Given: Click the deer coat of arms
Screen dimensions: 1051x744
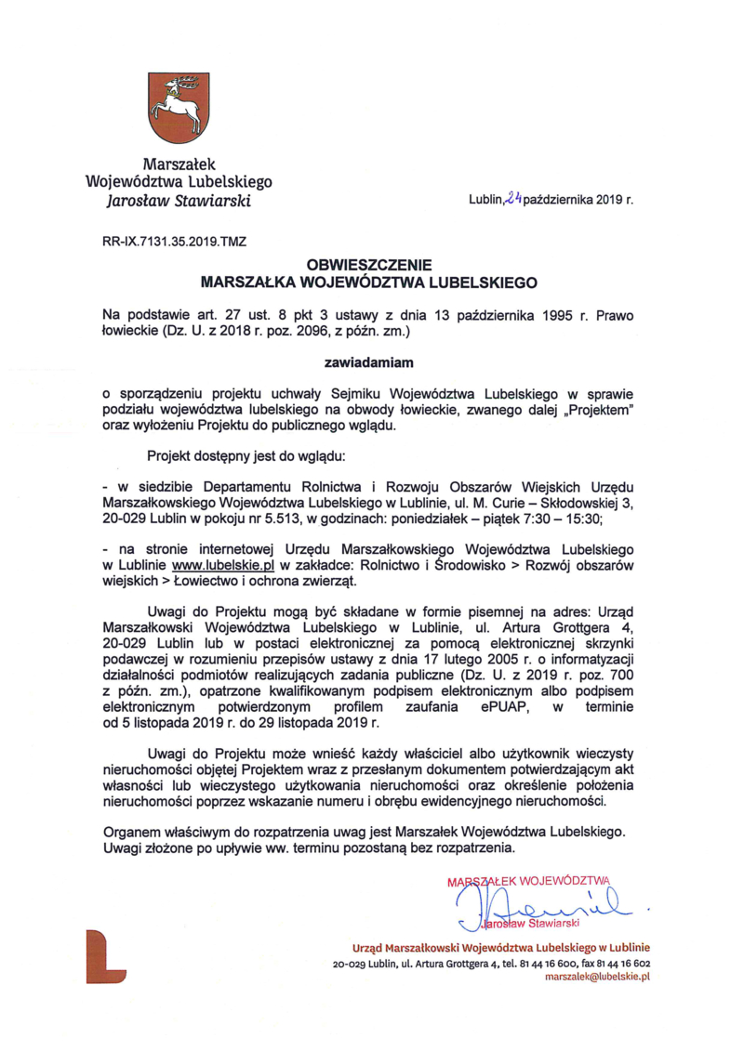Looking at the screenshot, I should point(175,107).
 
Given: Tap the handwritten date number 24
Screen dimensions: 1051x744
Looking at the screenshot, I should point(513,197).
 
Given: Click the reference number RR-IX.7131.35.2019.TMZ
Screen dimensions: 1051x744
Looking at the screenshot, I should point(174,241).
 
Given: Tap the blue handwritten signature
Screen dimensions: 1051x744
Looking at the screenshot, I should point(539,900).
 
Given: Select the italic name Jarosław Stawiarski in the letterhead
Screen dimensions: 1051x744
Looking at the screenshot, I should point(178,200).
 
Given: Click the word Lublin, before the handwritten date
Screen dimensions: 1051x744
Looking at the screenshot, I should point(486,199).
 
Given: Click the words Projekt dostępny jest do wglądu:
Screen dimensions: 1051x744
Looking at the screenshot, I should point(246,456).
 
